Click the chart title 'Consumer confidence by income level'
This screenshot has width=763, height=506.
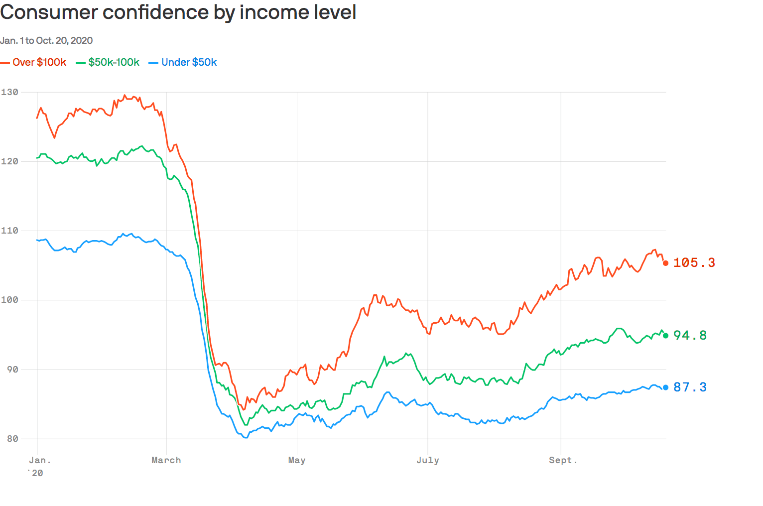[178, 12]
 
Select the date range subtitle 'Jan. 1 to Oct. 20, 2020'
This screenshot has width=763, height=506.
[46, 40]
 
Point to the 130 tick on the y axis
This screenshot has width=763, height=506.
[9, 92]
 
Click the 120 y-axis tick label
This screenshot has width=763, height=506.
[9, 161]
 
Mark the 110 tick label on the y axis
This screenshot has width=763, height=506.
[9, 231]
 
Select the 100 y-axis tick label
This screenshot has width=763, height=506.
[9, 300]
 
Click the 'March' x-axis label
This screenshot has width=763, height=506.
[166, 460]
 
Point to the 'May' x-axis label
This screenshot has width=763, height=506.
[297, 460]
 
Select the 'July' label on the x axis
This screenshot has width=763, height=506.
[428, 460]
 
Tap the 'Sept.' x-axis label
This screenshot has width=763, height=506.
[563, 460]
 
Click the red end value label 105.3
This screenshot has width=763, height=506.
[694, 262]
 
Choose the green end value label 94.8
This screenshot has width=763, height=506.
[690, 335]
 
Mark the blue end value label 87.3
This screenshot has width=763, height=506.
[690, 387]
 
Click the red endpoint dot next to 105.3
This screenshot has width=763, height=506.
[666, 263]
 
